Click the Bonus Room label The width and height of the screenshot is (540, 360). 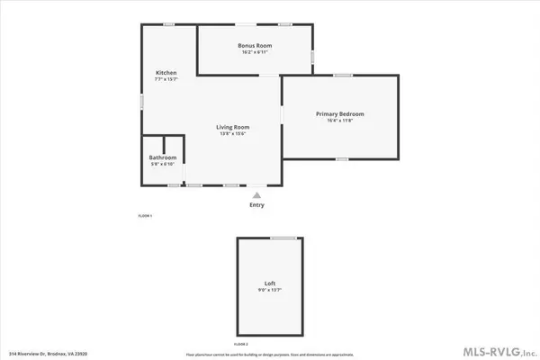point(255,45)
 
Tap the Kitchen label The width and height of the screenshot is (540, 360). point(166,71)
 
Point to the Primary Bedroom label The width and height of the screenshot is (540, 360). point(339,113)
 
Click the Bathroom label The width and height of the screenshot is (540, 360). point(163,158)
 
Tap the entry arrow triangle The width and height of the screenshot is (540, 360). point(257,193)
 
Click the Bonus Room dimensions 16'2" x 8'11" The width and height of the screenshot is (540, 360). point(255,52)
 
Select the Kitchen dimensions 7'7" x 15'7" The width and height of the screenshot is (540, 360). point(166,78)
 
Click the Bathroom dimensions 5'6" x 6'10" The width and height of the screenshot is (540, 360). point(163,166)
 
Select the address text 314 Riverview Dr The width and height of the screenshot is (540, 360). point(52,354)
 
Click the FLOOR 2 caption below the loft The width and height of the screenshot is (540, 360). point(241,344)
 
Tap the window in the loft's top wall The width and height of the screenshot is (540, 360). point(284,238)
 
